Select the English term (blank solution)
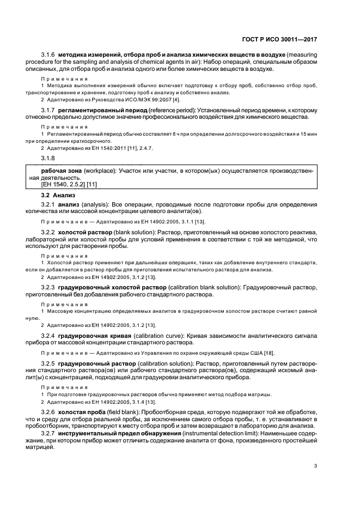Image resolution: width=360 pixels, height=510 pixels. pyautogui.click(x=139, y=232)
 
